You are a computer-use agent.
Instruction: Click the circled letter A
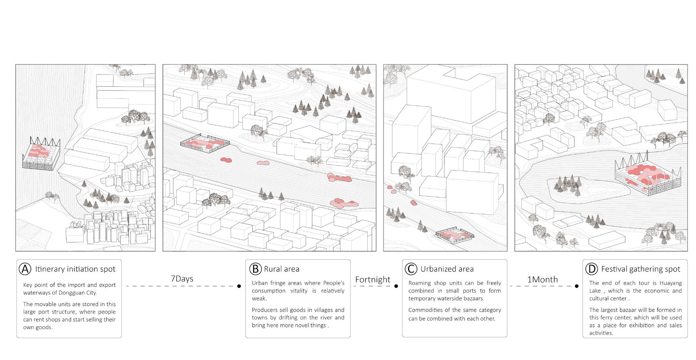tap(25, 269)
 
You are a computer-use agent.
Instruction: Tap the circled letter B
tap(255, 269)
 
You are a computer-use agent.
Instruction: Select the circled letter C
tap(411, 269)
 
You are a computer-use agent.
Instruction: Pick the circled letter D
tap(592, 269)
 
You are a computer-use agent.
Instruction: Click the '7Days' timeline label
tap(182, 279)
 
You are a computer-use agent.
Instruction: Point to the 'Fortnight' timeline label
tap(373, 279)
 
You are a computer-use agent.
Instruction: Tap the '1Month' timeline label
tap(542, 279)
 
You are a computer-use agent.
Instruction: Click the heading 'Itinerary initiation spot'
tap(75, 269)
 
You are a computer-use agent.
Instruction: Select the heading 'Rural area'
tap(281, 269)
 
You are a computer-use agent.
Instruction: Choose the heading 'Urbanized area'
tap(447, 269)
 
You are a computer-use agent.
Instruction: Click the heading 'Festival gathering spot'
tap(640, 269)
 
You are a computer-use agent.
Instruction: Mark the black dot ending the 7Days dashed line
tap(239, 286)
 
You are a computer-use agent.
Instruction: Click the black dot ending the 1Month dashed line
tap(577, 286)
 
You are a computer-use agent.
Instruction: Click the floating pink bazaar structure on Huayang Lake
tap(645, 177)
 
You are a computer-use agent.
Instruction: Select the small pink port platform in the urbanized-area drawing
tap(454, 236)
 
